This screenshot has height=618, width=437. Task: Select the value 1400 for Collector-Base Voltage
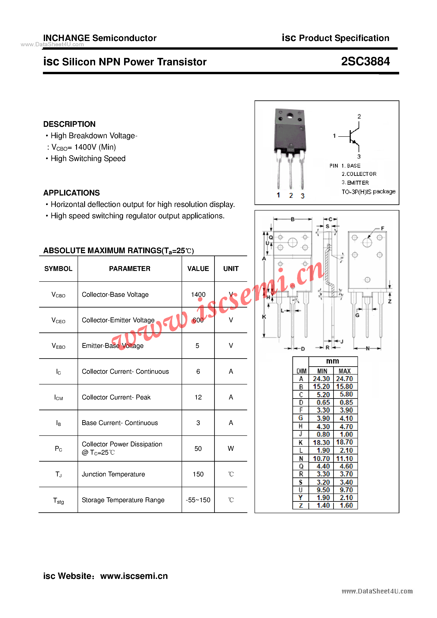198,294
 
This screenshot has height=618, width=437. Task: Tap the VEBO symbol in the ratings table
58,346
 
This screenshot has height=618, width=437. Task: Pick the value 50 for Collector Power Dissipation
198,449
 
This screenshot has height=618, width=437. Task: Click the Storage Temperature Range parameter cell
123,500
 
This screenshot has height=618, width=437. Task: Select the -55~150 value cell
198,500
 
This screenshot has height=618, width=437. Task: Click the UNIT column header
231,269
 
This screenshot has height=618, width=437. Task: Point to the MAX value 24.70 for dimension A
344,379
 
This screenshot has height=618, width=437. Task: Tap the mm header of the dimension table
333,361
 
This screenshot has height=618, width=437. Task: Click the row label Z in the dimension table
301,506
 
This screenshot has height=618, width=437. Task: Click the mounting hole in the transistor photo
290,116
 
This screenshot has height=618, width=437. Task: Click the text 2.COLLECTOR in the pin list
359,174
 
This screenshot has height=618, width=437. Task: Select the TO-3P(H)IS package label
368,192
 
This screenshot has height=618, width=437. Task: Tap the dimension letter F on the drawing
382,228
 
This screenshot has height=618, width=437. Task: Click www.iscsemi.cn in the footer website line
134,576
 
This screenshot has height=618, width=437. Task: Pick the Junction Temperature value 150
198,474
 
